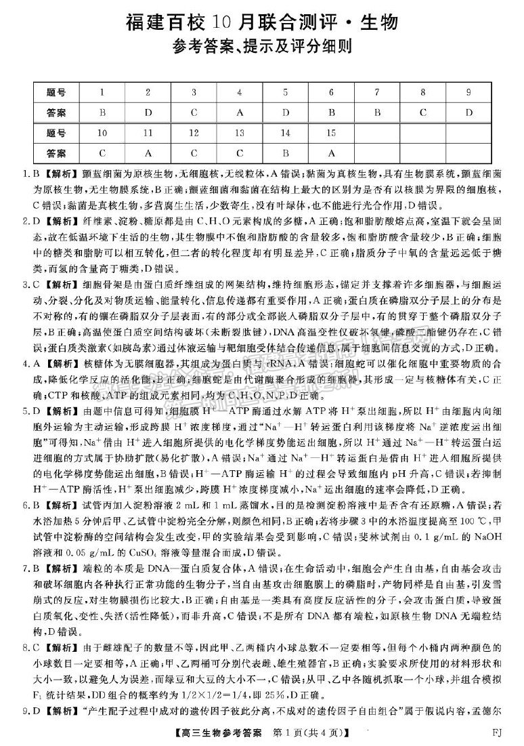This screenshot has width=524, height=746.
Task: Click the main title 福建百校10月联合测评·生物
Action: [262, 22]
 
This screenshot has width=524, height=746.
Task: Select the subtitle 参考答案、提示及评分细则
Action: [262, 48]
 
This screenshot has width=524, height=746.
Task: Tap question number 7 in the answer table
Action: [377, 92]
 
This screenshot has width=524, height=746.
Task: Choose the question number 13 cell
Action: [239, 133]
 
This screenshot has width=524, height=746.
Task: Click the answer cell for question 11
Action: [148, 153]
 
